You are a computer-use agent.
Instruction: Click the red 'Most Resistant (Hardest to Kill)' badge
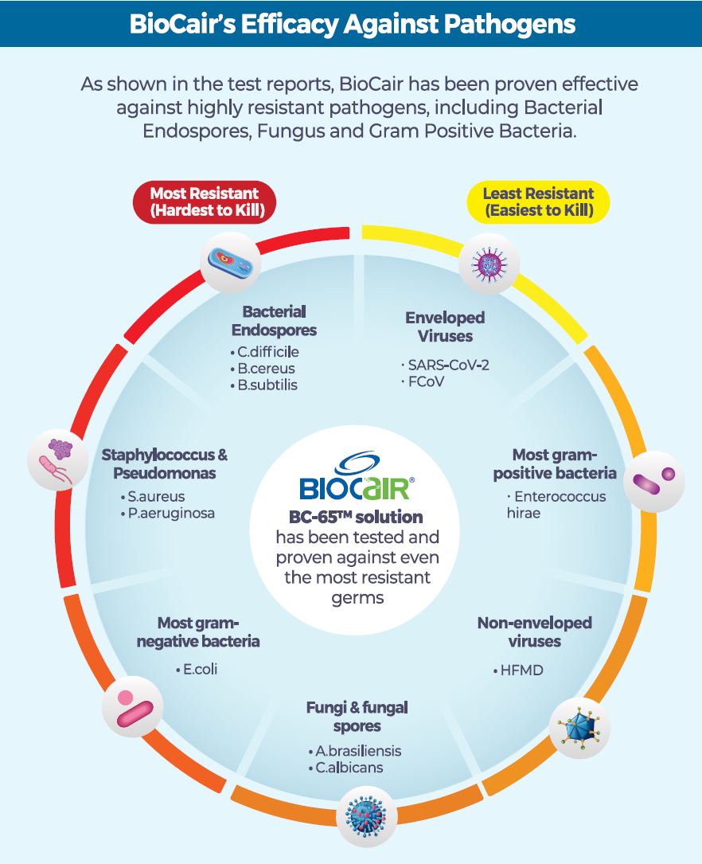204,201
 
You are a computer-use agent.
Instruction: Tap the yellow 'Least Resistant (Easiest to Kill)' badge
538,201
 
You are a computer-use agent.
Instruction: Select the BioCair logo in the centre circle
355,475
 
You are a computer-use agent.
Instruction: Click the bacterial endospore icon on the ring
230,260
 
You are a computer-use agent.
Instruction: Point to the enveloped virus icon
489,262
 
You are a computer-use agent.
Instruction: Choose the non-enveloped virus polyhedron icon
579,726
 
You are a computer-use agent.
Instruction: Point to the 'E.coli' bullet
199,669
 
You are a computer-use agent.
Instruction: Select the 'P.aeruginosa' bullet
169,513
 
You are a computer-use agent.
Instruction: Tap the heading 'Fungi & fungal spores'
357,716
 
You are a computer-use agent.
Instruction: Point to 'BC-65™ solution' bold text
356,518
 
